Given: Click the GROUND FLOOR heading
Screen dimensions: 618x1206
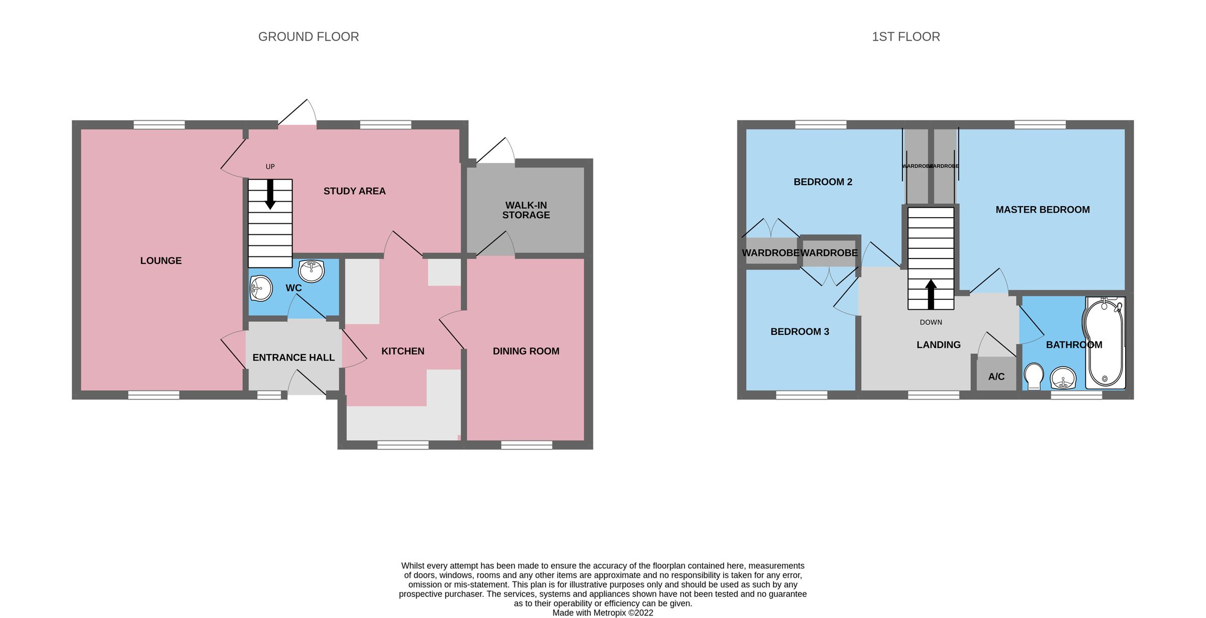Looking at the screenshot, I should (x=309, y=37).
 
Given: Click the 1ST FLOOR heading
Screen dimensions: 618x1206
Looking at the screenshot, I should (x=906, y=37).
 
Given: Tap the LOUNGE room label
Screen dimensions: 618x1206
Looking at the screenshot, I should (x=161, y=260).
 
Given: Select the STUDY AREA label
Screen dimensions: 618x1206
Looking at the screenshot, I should (x=354, y=191).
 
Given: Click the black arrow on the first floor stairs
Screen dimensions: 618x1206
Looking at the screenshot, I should (x=931, y=294).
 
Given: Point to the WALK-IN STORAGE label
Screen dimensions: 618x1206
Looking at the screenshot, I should (x=526, y=210).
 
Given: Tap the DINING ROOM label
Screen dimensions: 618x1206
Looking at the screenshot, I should (x=526, y=351).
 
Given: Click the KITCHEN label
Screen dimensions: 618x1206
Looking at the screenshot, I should (x=403, y=351).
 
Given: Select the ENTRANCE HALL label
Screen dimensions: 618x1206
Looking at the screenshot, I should (x=293, y=358).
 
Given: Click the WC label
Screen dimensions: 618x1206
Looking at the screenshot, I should (x=293, y=288).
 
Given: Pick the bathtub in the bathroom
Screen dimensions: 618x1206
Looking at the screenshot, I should (x=1104, y=344).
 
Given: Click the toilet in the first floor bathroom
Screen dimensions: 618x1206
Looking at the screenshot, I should (x=1033, y=377).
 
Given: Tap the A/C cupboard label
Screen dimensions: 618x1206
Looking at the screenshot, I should (x=996, y=377).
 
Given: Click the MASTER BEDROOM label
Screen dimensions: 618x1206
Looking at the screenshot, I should (x=1043, y=210).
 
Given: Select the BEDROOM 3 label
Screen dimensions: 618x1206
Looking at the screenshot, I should (x=799, y=331).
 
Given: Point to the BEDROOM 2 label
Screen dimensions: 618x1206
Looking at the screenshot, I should (x=823, y=182).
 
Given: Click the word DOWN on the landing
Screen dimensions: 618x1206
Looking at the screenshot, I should (x=931, y=322).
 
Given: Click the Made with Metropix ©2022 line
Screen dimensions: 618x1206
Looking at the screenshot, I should (x=602, y=612).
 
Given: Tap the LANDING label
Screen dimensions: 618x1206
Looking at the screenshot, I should (x=938, y=345).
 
